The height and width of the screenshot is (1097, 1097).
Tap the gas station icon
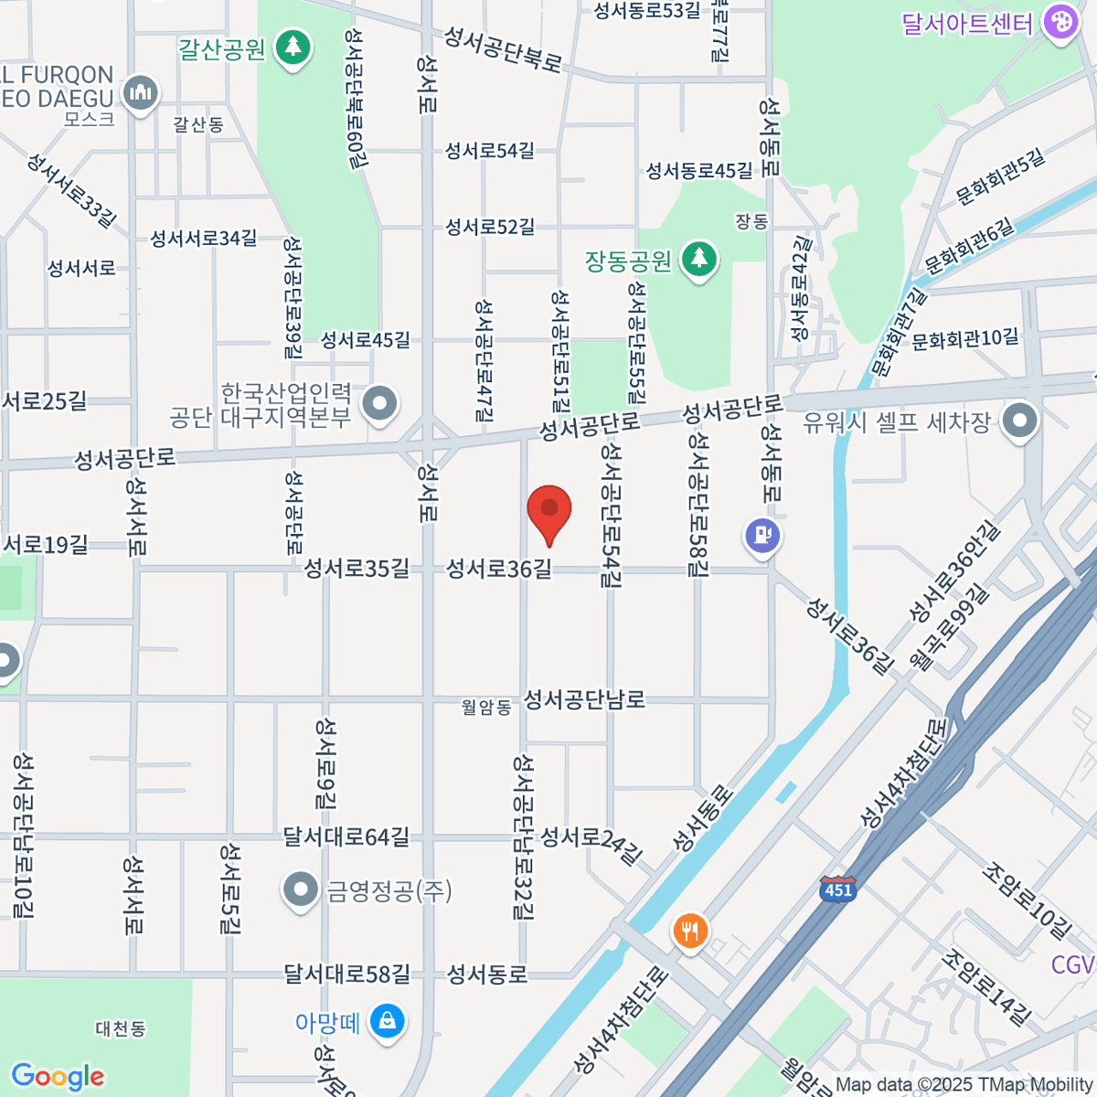(x=762, y=536)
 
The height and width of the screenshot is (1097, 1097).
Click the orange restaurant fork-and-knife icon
(x=690, y=932)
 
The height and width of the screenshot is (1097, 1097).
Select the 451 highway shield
(x=837, y=889)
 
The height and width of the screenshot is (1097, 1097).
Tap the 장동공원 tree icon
(x=699, y=260)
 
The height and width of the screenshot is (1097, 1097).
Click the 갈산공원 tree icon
(x=293, y=46)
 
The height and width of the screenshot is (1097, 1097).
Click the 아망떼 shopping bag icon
(x=387, y=1021)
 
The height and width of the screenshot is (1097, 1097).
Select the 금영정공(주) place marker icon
(x=300, y=889)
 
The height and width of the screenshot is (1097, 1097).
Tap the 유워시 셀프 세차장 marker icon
(x=1019, y=421)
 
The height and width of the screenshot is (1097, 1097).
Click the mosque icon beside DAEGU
(x=140, y=93)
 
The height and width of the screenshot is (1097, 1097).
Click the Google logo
(x=58, y=1077)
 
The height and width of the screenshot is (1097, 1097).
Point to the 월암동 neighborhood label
(x=485, y=707)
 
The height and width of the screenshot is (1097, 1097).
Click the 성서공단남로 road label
(x=584, y=699)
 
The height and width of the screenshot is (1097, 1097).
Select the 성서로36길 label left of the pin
(x=498, y=569)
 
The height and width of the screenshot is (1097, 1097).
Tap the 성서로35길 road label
(x=357, y=569)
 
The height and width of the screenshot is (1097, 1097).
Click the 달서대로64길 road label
(x=346, y=836)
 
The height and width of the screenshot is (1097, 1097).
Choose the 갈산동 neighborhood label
(x=198, y=124)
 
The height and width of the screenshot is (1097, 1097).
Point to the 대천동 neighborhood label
(x=121, y=1028)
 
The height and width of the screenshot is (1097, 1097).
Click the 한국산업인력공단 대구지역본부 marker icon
(x=379, y=403)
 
